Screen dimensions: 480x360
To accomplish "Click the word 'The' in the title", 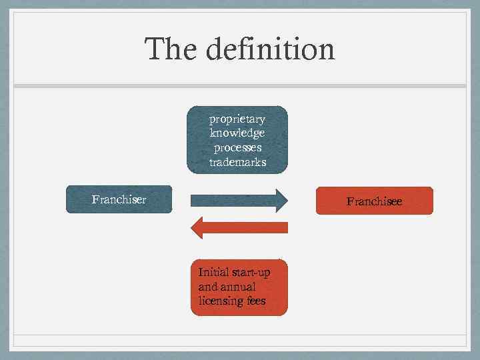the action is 171,49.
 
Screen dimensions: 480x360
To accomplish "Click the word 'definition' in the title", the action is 271,49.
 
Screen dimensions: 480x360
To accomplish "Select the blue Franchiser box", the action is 119,199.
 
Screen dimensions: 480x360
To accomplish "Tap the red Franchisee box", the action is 374,200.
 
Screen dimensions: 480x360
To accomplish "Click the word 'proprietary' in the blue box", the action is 237,119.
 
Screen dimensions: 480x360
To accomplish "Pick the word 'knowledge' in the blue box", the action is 237,133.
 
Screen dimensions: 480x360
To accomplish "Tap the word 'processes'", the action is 237,147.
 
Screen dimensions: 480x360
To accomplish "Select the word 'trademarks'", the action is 237,162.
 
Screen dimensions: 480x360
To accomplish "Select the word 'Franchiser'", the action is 119,199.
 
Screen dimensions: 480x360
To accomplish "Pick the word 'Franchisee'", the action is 374,200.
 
